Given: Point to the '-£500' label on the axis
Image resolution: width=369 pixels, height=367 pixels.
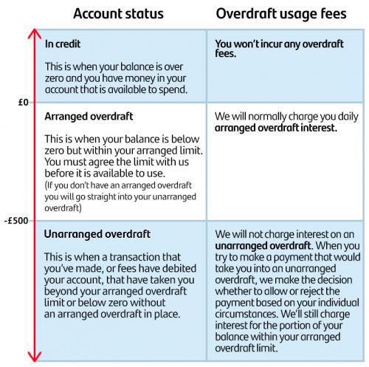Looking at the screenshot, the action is (17, 220).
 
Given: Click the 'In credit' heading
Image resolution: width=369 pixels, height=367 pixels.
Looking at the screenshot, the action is (63, 44).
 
